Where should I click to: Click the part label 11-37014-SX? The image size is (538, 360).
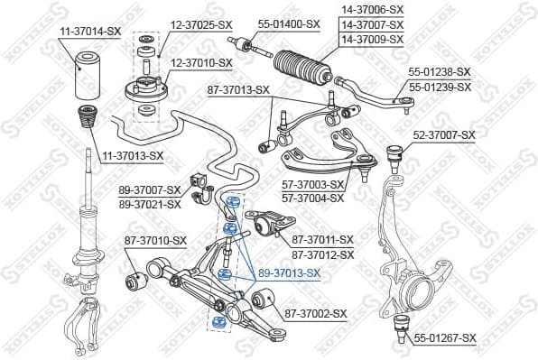click(x=90, y=31)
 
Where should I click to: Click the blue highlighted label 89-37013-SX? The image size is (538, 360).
click(x=289, y=272)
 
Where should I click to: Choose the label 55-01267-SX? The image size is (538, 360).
click(x=444, y=338)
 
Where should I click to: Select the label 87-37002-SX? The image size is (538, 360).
click(x=316, y=313)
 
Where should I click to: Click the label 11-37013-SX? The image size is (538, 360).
click(x=132, y=155)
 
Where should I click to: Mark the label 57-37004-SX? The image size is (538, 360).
click(x=313, y=197)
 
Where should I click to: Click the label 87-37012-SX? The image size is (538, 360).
click(x=322, y=254)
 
